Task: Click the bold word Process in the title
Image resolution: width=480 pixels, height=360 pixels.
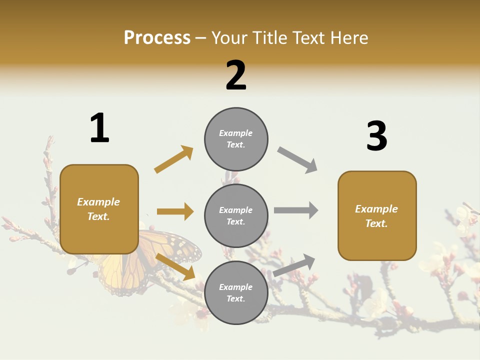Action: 157,38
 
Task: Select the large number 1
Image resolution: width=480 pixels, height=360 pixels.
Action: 99,128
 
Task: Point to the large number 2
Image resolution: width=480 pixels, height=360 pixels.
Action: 236,75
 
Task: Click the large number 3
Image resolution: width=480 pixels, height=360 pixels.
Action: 376,136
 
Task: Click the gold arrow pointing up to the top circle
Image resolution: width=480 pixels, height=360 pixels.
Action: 174,159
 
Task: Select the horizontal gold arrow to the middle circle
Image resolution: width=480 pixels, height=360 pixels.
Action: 175,211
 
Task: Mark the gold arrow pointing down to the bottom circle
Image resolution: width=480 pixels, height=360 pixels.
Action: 175,266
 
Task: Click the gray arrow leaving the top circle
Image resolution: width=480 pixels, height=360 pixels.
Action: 297,160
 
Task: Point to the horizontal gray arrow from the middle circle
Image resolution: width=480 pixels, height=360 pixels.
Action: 295,210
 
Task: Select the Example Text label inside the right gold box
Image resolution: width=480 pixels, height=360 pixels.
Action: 376,216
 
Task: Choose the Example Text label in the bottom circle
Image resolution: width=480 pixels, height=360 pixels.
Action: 235,293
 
